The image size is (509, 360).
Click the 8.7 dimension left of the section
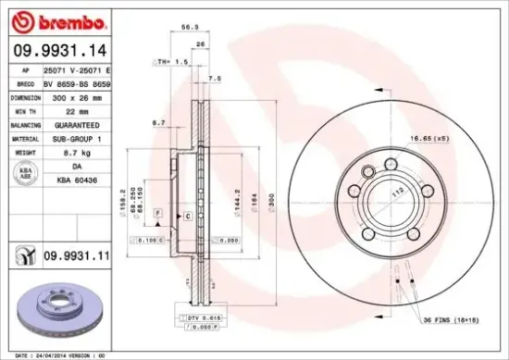(158, 122)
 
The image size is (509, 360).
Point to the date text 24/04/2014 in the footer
(53, 354)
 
